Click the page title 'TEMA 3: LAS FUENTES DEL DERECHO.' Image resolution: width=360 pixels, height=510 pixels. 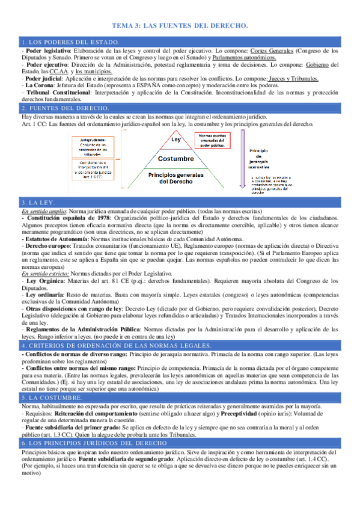[x=180, y=26]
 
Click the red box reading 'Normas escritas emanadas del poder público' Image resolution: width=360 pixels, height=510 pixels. [x=218, y=140]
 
